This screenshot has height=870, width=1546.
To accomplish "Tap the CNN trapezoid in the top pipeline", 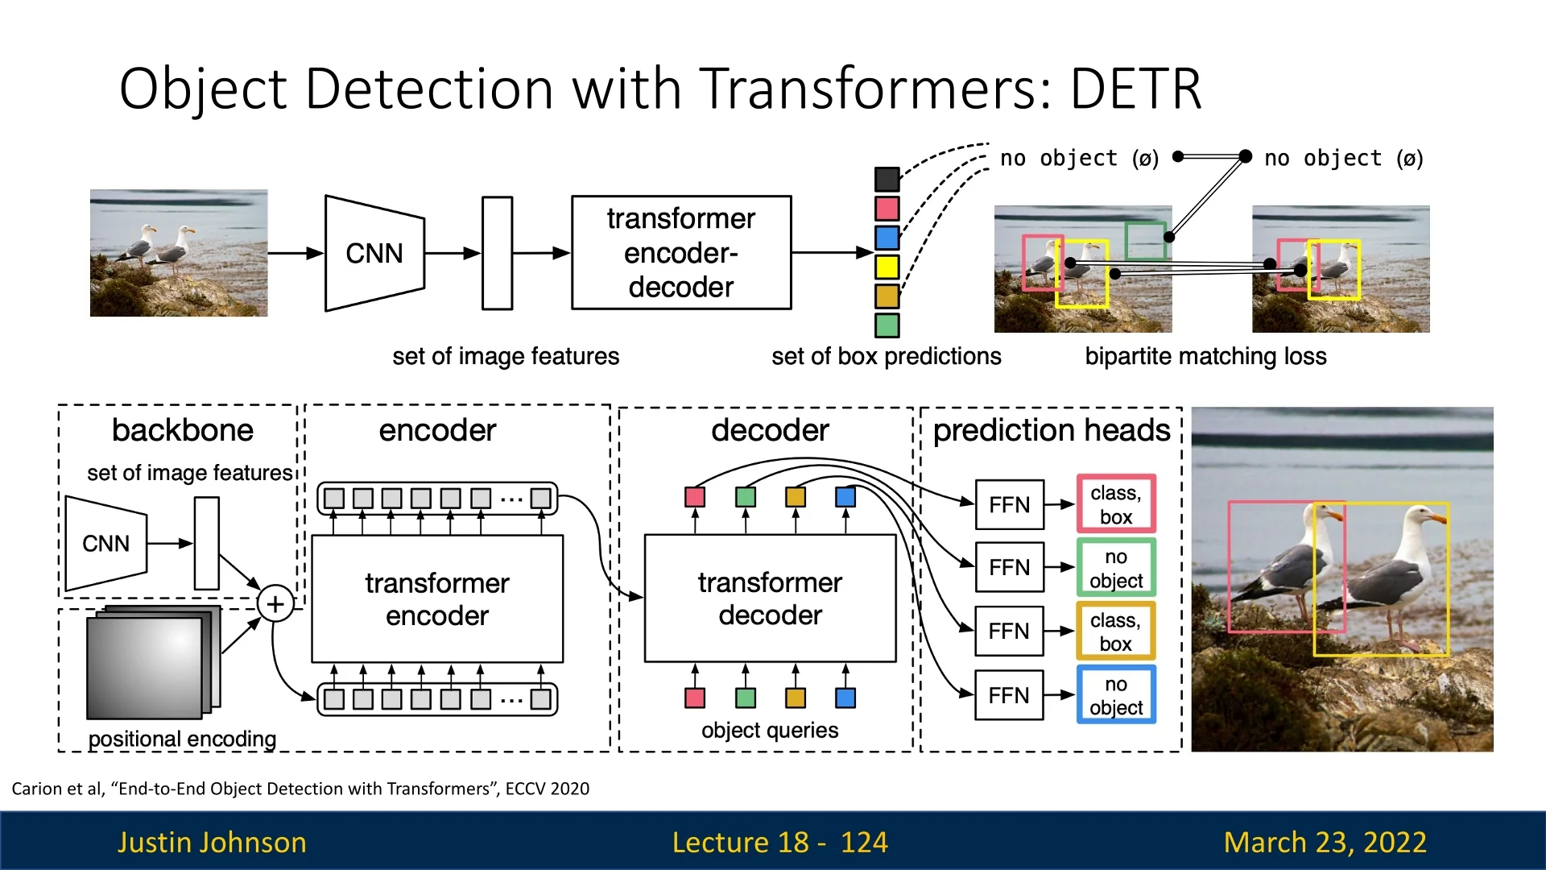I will (374, 253).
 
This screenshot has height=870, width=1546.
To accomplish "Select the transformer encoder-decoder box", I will (681, 253).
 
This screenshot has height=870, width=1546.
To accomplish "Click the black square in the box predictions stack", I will (887, 179).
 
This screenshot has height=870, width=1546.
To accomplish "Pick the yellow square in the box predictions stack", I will (887, 267).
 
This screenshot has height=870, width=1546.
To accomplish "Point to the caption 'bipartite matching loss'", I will (1205, 356).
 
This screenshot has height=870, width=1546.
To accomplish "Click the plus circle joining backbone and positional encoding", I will (275, 603).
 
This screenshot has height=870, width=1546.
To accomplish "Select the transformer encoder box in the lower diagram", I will (437, 599).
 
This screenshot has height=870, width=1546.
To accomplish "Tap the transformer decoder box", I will (770, 599).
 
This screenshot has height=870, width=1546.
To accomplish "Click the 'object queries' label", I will (770, 730).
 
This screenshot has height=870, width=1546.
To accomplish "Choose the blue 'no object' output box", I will (1116, 695).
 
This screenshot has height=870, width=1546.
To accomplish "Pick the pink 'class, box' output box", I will (1116, 504).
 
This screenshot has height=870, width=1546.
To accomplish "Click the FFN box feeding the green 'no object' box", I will (1009, 568).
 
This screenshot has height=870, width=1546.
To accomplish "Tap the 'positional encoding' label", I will (182, 739).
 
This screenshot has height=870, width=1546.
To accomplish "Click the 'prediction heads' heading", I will (1051, 430).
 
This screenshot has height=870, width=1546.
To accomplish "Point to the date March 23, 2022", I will (1325, 842).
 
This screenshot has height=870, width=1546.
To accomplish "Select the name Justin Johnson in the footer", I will (212, 842).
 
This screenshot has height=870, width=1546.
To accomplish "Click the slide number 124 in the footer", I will (864, 842).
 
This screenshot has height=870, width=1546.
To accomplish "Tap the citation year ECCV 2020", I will (548, 789).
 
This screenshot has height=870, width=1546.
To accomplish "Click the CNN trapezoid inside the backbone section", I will (105, 544).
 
